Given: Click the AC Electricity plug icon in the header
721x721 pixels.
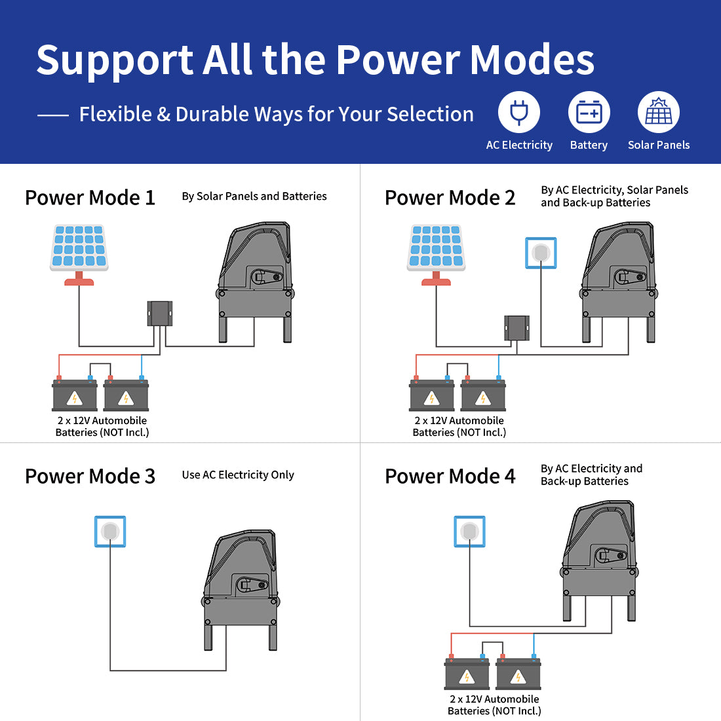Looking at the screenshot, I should click(519, 112).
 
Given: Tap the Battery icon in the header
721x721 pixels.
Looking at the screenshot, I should click(589, 112).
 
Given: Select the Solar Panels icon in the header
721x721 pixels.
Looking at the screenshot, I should click(659, 112).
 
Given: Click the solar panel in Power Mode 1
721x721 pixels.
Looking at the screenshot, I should click(79, 248).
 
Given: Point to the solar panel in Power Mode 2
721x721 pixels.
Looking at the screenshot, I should click(436, 248).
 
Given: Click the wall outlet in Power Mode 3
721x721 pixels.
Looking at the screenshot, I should click(110, 531).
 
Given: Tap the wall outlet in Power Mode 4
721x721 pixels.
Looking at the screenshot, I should click(469, 531).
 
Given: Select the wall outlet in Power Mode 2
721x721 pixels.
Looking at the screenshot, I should click(541, 253).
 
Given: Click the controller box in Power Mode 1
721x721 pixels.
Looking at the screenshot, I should click(160, 313).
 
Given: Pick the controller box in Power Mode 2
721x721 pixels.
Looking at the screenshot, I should click(516, 327).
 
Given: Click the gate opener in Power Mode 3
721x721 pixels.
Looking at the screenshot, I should click(241, 590).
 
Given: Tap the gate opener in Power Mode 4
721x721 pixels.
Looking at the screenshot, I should click(600, 560).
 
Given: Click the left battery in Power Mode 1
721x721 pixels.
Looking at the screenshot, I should click(75, 396).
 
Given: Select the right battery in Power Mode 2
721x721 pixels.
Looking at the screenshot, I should click(483, 396).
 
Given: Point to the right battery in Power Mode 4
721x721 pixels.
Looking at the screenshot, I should click(518, 674).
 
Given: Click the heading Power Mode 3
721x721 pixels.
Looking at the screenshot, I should click(90, 476).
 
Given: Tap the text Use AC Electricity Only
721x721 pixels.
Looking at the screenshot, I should click(238, 475).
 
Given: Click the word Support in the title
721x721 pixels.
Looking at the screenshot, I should click(115, 60).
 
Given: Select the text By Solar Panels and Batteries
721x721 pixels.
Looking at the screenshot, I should click(254, 196).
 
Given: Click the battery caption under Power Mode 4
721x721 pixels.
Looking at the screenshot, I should click(494, 705).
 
